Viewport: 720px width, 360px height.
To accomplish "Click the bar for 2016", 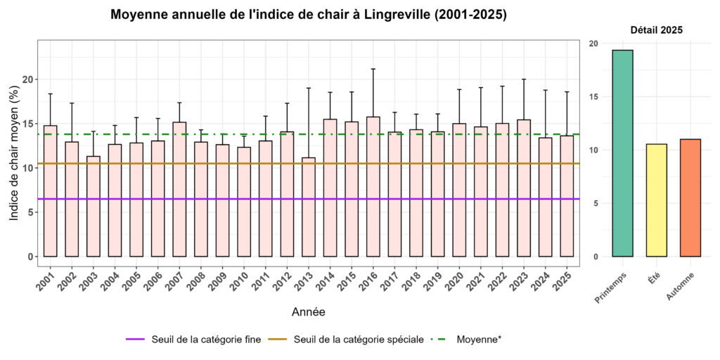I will point(373,186).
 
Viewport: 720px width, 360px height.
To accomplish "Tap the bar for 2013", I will point(309,207).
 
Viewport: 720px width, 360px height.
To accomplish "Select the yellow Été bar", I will point(657,200).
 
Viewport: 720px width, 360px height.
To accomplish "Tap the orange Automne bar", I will point(690,198).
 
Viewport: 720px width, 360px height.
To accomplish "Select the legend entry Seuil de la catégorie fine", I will point(193,340).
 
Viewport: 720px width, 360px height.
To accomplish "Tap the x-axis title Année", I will point(308,311).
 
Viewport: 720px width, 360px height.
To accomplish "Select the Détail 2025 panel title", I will point(656,30).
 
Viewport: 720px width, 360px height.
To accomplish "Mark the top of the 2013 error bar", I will point(309,88).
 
